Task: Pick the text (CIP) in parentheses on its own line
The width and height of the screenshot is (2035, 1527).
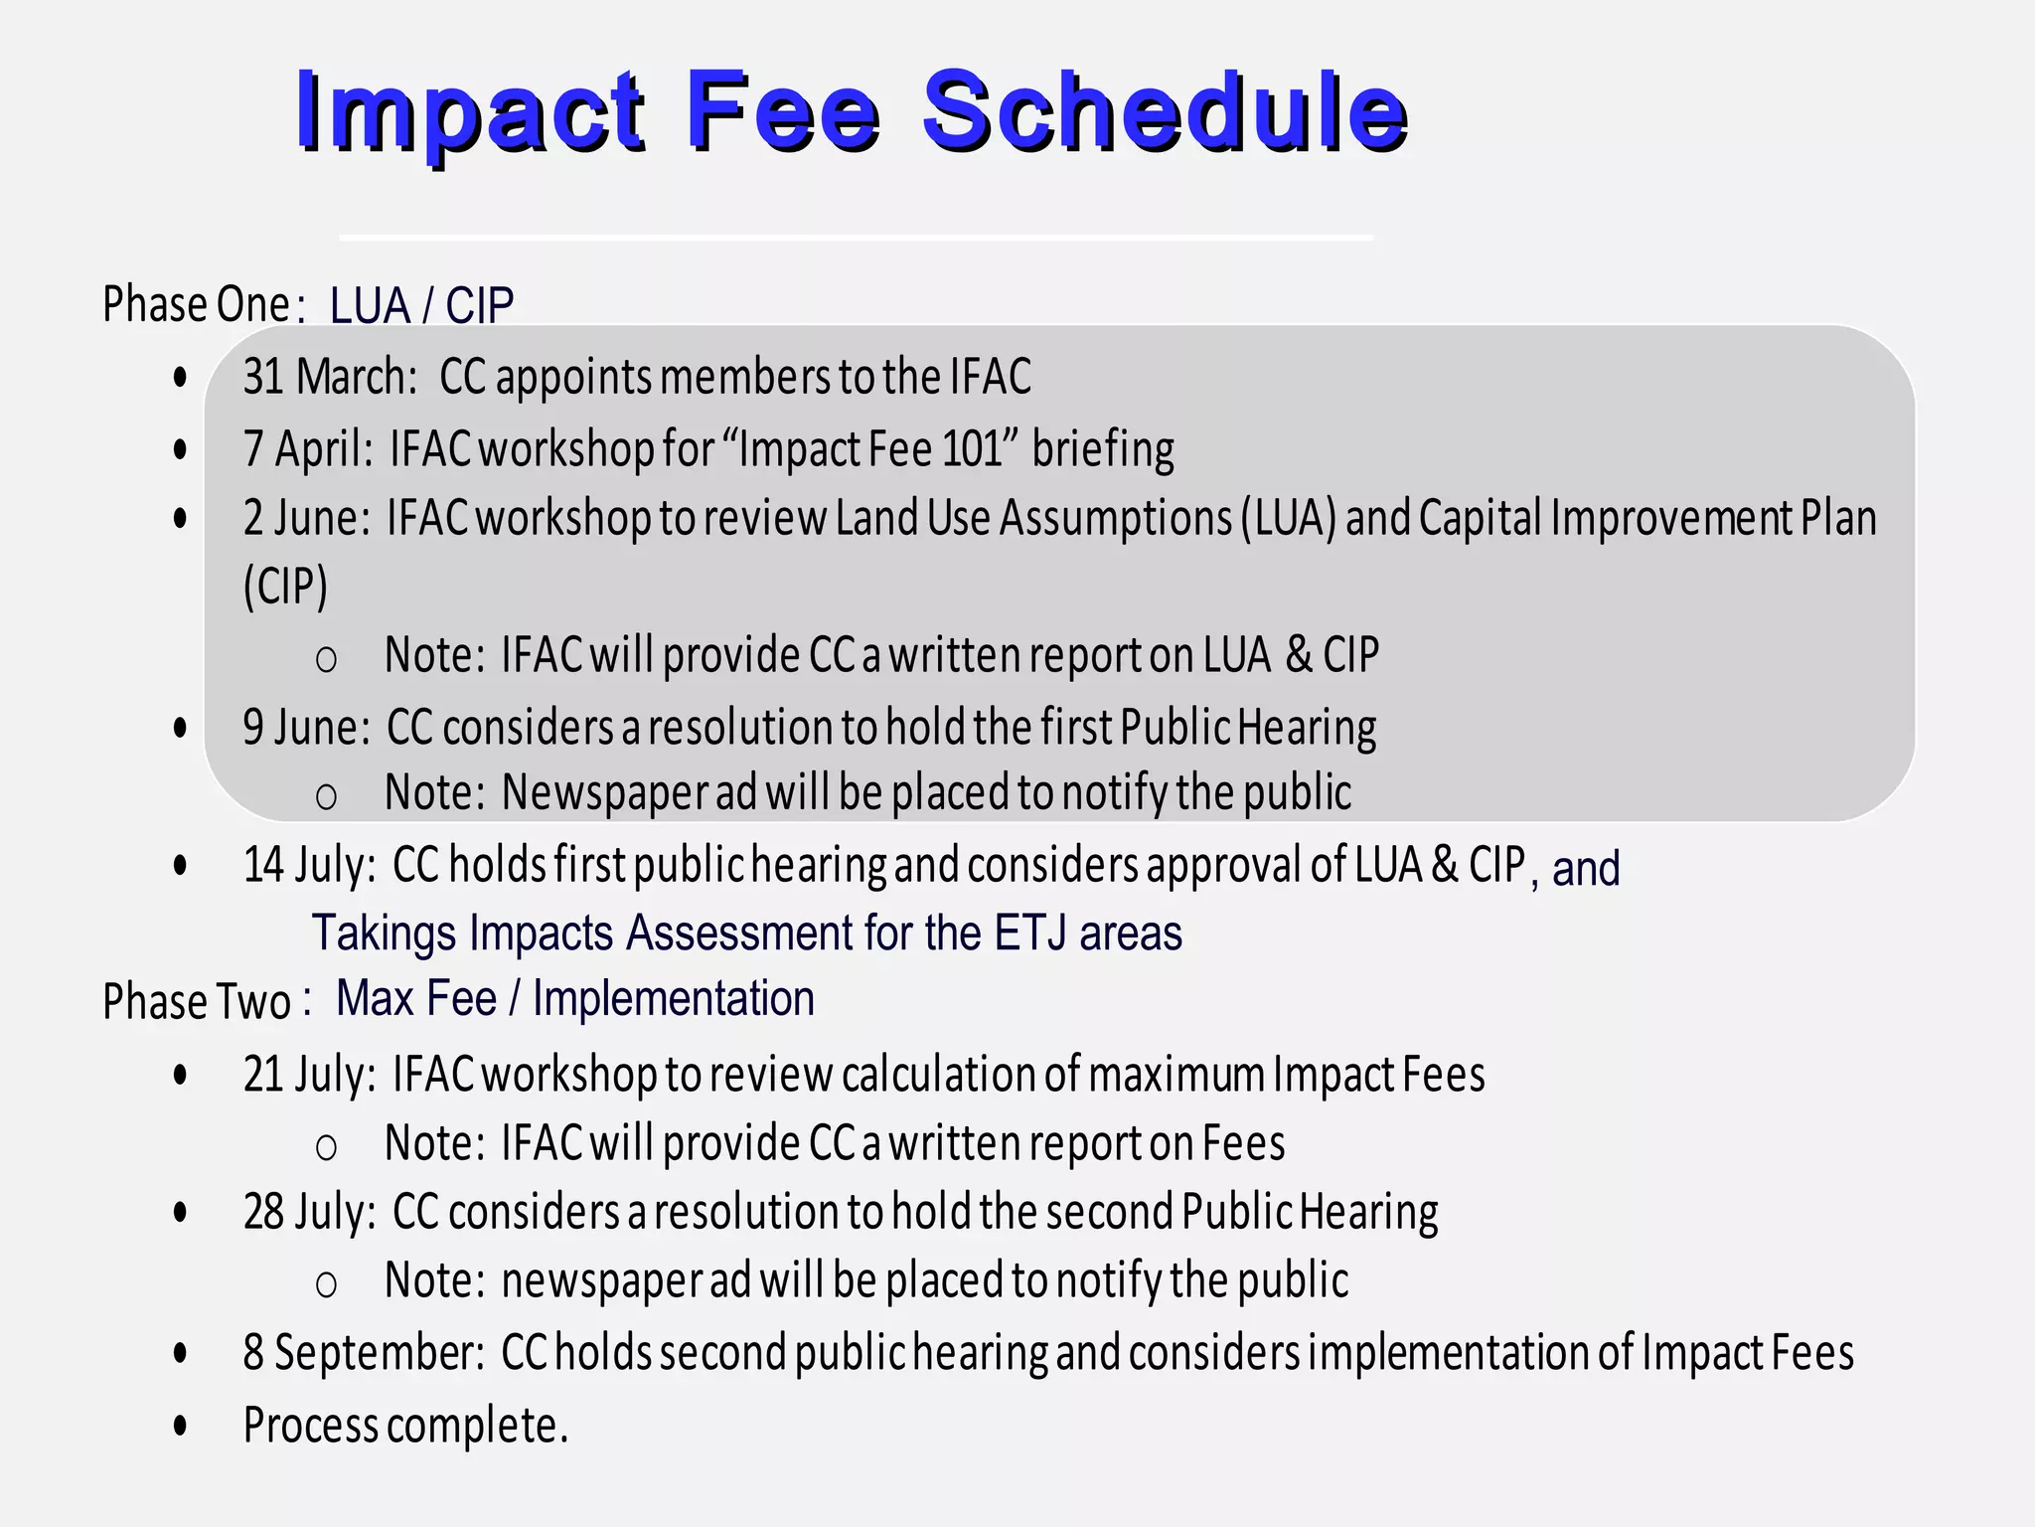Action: pos(285,586)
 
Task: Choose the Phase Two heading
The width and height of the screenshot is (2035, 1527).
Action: pos(197,1001)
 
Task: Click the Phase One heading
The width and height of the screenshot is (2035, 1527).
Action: pos(196,304)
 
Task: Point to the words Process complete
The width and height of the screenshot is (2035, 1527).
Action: pos(405,1425)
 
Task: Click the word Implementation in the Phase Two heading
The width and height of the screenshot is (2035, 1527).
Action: pos(674,998)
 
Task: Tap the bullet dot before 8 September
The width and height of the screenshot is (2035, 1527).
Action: pos(180,1353)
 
